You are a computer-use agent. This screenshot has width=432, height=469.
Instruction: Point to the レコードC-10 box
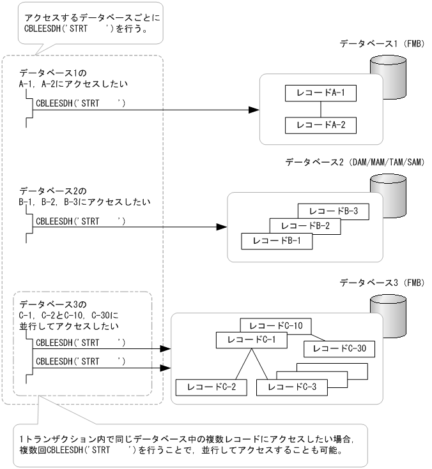point(275,326)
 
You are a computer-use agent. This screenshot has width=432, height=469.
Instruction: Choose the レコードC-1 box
point(251,340)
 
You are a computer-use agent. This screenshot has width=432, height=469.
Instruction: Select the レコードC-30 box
point(339,348)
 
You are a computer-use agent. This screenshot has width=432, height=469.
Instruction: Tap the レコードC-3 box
point(291,387)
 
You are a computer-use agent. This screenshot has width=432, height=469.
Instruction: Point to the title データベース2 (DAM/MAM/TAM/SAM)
point(355,163)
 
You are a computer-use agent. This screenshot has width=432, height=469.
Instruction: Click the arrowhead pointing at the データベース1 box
point(254,110)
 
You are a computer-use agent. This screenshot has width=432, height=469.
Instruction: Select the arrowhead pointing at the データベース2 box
point(222,227)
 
